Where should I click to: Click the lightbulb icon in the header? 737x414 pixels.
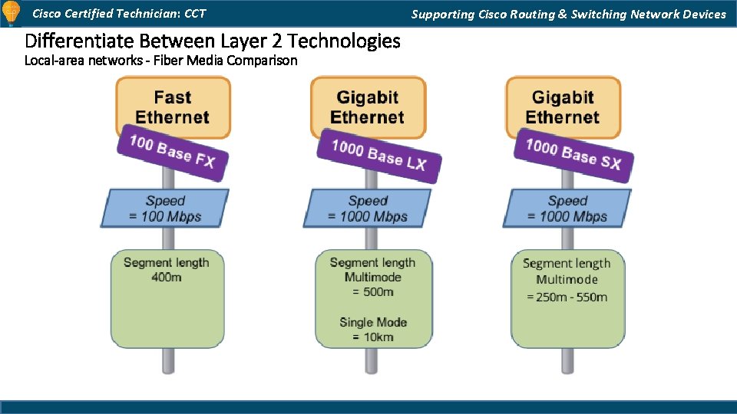coord(11,13)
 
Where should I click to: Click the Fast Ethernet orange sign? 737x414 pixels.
coord(173,107)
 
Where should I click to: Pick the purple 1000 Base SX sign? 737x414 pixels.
coord(573,153)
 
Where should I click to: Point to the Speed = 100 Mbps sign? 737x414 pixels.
coord(165,209)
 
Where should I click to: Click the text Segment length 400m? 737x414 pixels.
coord(166,269)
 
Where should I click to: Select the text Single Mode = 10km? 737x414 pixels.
coord(373,329)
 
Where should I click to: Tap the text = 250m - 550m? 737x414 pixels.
coord(567,297)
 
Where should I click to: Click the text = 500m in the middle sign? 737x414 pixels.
coord(373,292)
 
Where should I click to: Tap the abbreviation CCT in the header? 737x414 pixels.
coord(195,14)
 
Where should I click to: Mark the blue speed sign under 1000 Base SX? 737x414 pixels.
coord(567,209)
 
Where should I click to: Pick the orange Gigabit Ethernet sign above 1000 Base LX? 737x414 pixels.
coord(367,107)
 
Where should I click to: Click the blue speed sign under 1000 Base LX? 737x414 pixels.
coord(368,209)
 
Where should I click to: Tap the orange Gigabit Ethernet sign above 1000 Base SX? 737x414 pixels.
coord(563,107)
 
